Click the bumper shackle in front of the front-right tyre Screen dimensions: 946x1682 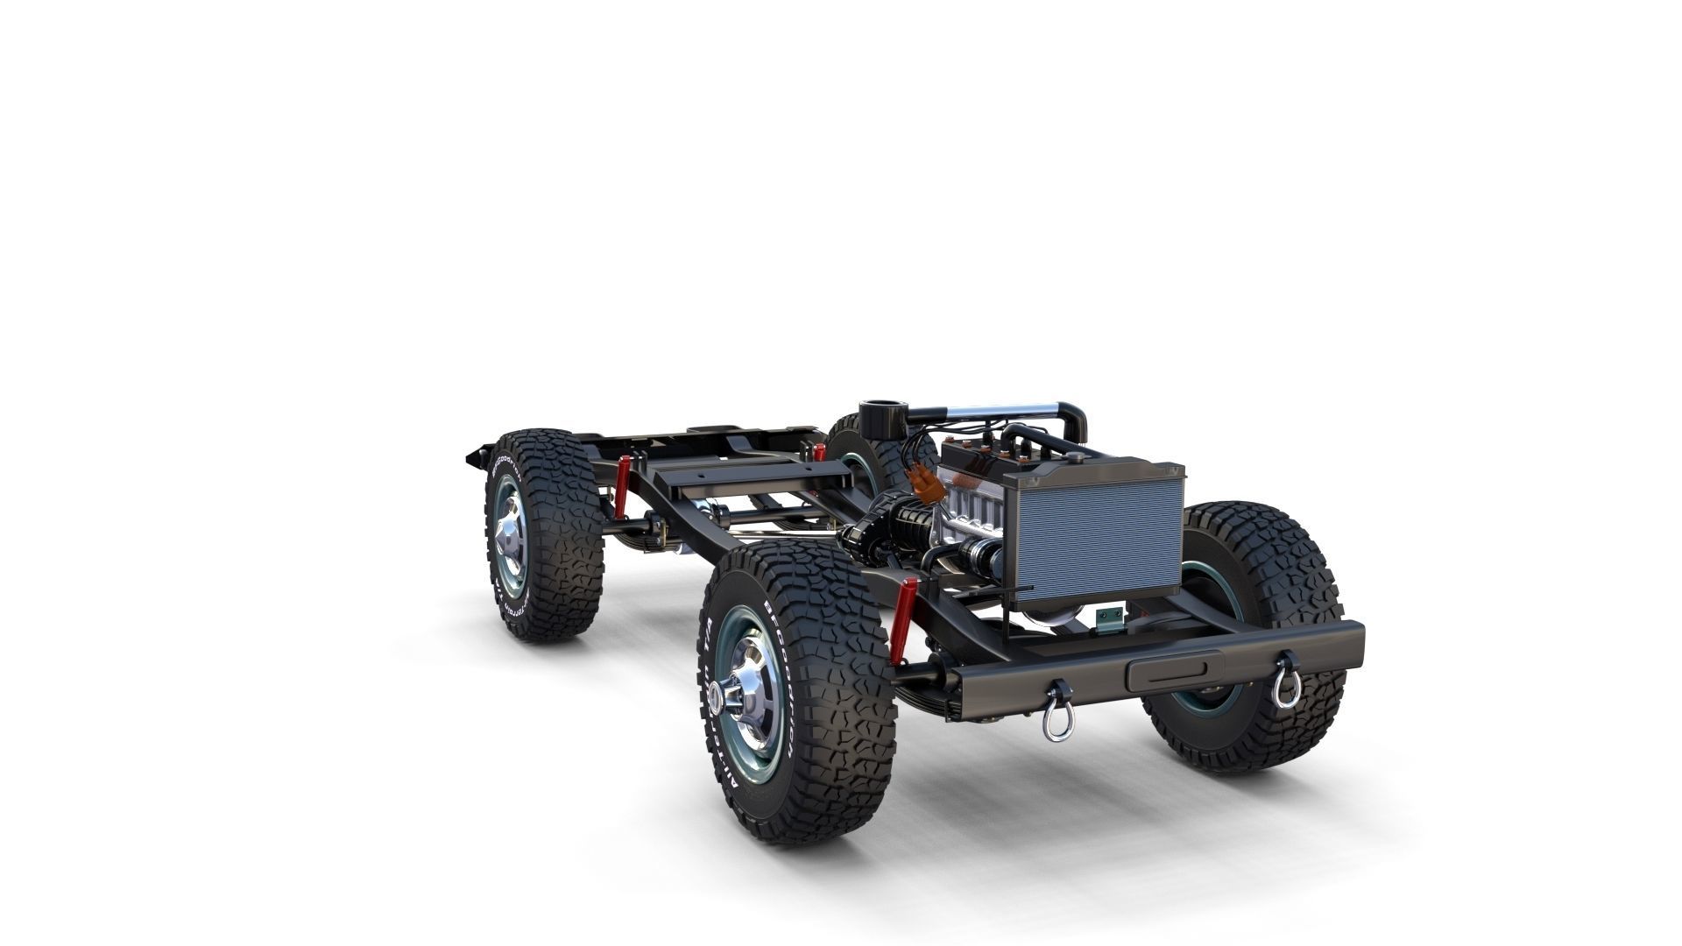1284,674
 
